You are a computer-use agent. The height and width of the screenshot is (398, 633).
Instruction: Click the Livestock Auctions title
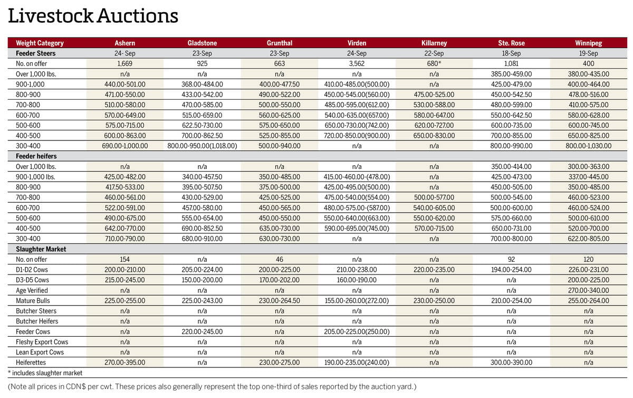click(x=93, y=16)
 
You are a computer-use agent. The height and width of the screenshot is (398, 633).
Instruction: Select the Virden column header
click(x=357, y=43)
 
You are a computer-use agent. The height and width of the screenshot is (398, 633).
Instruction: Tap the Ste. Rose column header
click(x=511, y=43)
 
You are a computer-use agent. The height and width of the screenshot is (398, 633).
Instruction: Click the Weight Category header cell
click(x=40, y=43)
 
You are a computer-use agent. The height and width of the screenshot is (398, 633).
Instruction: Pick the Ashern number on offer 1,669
click(x=125, y=63)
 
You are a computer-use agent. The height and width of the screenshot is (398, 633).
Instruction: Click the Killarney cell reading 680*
click(x=434, y=63)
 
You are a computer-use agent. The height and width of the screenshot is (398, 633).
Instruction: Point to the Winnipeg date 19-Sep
click(x=589, y=53)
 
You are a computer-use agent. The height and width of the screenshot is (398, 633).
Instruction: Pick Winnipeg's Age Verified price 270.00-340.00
click(x=589, y=290)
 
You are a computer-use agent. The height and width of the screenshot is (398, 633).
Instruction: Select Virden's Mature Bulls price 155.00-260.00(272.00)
click(x=357, y=300)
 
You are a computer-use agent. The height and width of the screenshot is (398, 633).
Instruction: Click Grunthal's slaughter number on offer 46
click(x=280, y=259)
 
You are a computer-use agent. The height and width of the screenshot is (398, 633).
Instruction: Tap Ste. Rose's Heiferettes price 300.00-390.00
click(x=511, y=362)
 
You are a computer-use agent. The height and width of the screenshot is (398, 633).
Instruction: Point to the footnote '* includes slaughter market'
click(x=45, y=373)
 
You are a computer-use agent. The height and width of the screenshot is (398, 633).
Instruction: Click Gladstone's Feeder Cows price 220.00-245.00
click(x=203, y=331)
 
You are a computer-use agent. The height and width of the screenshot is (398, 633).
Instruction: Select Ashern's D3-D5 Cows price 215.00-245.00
click(x=125, y=280)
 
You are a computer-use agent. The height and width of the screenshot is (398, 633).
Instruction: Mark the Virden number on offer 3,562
click(x=357, y=63)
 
